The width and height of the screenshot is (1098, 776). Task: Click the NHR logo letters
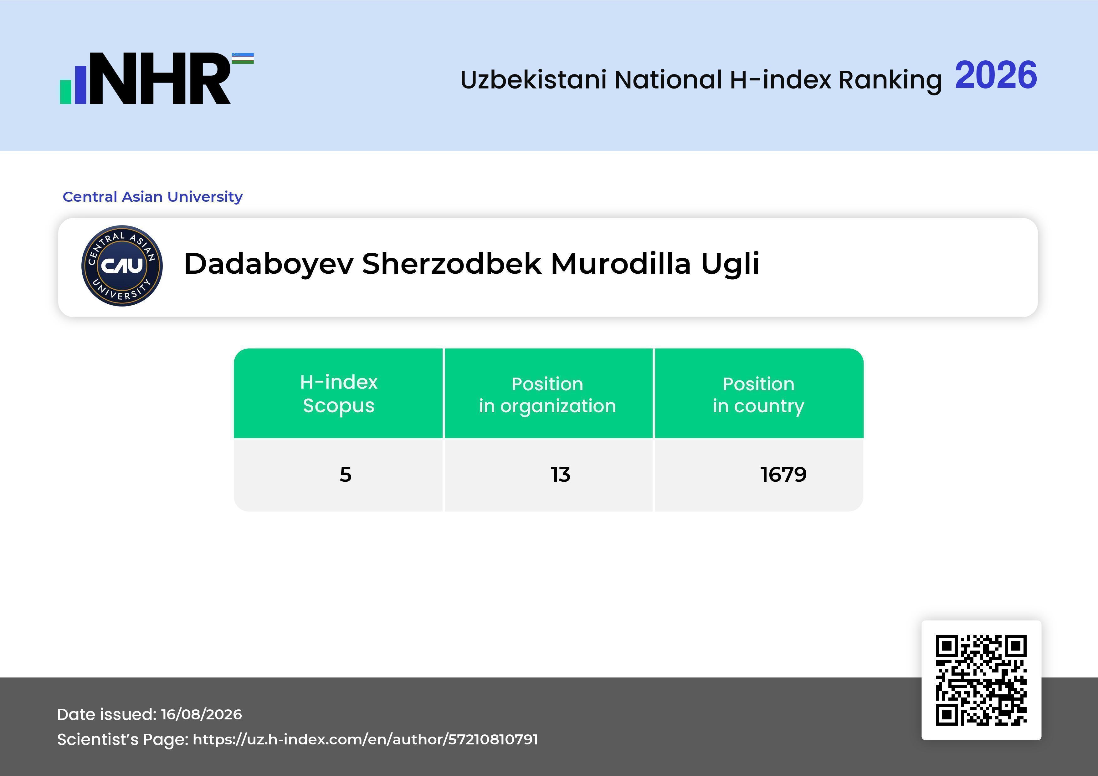(160, 79)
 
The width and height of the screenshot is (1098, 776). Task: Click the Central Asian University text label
(152, 196)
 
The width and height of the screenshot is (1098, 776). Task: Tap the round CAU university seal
(122, 266)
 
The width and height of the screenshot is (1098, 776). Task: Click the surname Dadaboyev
(269, 264)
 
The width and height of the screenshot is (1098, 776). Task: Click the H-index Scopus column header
(339, 394)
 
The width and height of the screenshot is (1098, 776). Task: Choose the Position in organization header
(547, 395)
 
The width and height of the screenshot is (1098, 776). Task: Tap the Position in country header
(758, 395)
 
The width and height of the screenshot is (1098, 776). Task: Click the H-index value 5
(345, 474)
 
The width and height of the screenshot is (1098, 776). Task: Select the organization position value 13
(561, 474)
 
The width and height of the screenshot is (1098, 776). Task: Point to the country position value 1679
(783, 474)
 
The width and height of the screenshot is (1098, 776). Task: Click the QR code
(981, 680)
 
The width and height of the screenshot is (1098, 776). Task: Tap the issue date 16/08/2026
(201, 714)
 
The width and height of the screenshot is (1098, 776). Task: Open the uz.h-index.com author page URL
(365, 739)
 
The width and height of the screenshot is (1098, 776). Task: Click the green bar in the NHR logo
(65, 92)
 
